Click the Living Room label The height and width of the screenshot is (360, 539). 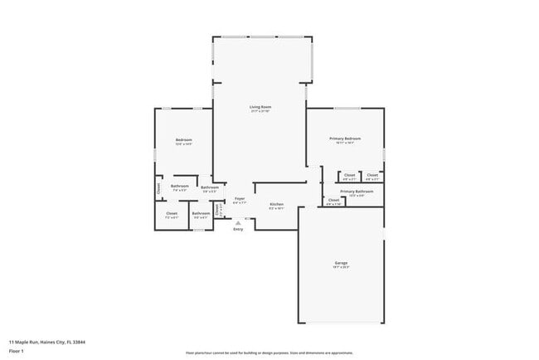(260, 107)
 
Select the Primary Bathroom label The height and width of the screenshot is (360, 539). (356, 192)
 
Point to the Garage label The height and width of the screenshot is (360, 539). (341, 263)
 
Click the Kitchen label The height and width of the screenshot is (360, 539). (276, 204)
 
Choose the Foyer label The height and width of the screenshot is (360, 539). (239, 199)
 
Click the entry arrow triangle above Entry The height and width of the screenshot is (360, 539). (238, 221)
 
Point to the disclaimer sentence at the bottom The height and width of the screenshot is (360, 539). (269, 353)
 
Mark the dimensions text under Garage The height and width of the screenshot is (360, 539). (341, 268)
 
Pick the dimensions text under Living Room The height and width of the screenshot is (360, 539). (260, 112)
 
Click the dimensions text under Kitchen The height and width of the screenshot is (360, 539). (276, 209)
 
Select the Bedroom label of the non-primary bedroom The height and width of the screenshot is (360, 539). (183, 140)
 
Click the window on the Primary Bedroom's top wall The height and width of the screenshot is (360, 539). (347, 108)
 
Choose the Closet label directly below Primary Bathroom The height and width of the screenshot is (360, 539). (333, 200)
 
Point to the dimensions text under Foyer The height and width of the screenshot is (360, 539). (239, 203)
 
